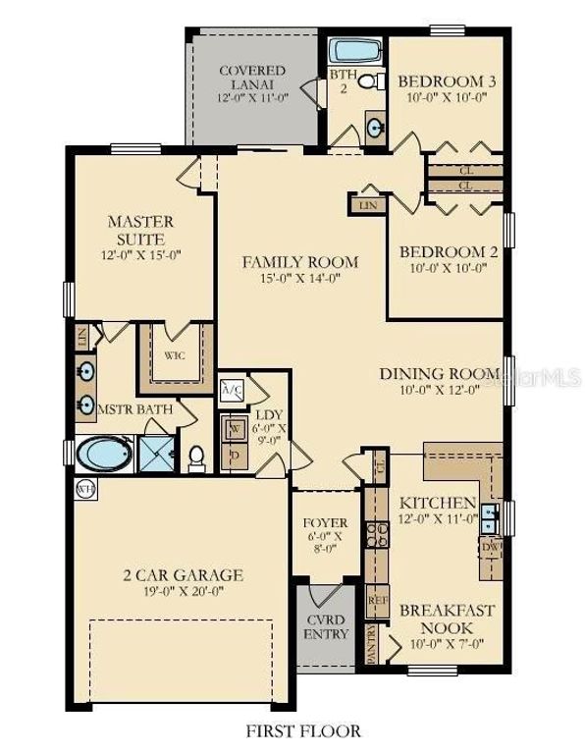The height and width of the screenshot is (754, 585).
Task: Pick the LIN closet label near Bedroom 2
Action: click(367, 205)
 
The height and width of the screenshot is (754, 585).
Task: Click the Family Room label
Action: click(300, 262)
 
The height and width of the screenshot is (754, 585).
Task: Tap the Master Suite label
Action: click(140, 230)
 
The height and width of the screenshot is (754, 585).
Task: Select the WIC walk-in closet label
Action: click(175, 355)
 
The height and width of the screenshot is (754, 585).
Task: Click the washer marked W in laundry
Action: click(235, 428)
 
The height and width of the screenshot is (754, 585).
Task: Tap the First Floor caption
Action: click(291, 730)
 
